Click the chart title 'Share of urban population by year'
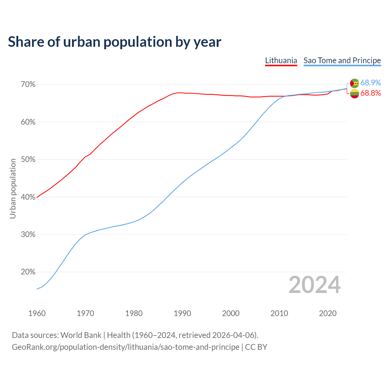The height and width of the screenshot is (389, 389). pyautogui.click(x=114, y=42)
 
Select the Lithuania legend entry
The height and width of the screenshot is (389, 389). pyautogui.click(x=281, y=60)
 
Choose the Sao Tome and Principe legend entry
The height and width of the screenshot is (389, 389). pyautogui.click(x=342, y=60)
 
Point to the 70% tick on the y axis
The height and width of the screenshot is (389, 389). pyautogui.click(x=28, y=84)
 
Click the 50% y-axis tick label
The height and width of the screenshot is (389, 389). pyautogui.click(x=28, y=160)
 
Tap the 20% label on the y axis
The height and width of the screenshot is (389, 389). pyautogui.click(x=28, y=272)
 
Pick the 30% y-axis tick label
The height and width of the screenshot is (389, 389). pyautogui.click(x=28, y=235)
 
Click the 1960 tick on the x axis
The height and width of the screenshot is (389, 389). pyautogui.click(x=37, y=313)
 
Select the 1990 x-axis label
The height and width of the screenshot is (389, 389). pyautogui.click(x=182, y=313)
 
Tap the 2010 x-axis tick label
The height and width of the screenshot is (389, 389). pyautogui.click(x=279, y=313)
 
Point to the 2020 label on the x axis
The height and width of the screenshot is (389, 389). pyautogui.click(x=328, y=313)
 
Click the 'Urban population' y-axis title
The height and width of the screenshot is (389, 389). pyautogui.click(x=13, y=188)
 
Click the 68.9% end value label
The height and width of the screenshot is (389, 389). pyautogui.click(x=370, y=83)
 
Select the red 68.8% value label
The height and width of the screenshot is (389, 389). pyautogui.click(x=370, y=93)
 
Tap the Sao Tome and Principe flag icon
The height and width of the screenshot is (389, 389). pyautogui.click(x=354, y=83)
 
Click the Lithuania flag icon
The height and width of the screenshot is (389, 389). pyautogui.click(x=354, y=94)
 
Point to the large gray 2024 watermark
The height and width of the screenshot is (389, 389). pyautogui.click(x=315, y=285)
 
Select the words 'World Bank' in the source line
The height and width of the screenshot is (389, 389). pyautogui.click(x=81, y=335)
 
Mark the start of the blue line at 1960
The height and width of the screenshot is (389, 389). pyautogui.click(x=37, y=289)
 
